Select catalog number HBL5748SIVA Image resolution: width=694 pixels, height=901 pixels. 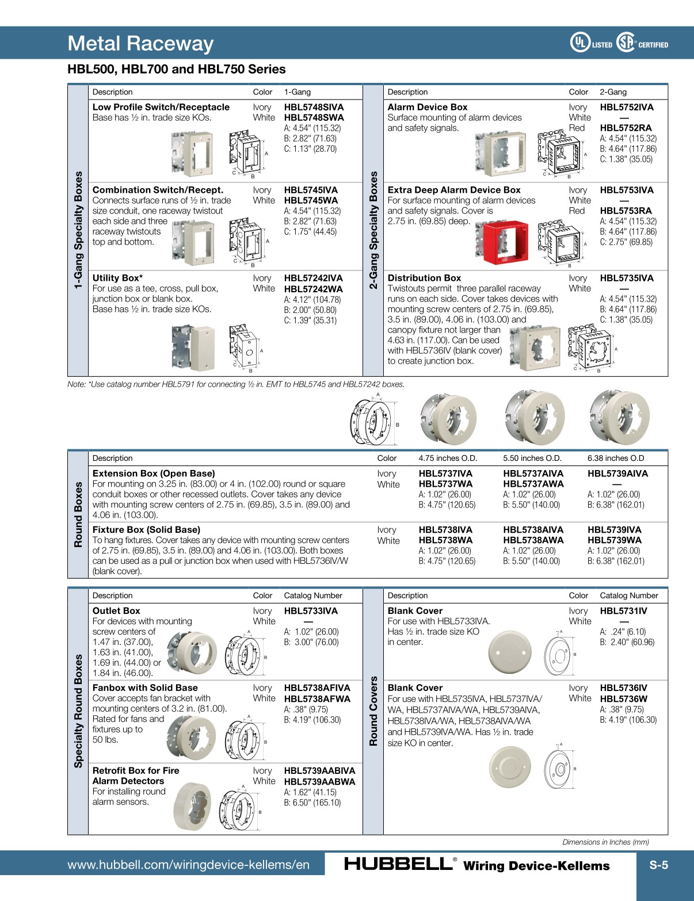pyautogui.click(x=314, y=107)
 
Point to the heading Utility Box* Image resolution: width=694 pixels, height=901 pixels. pyautogui.click(x=117, y=278)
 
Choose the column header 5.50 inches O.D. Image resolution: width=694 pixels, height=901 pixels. pyautogui.click(x=532, y=458)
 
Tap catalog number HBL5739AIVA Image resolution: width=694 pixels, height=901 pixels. pyautogui.click(x=617, y=474)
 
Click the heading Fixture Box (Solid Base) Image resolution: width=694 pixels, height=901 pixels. pyautogui.click(x=146, y=529)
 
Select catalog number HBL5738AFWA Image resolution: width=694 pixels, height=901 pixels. pyautogui.click(x=317, y=698)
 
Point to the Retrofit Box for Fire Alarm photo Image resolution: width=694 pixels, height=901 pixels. pyautogui.click(x=193, y=807)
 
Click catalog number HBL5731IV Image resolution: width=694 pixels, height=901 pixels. pyautogui.click(x=623, y=611)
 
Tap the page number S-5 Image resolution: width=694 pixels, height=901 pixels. pyautogui.click(x=658, y=865)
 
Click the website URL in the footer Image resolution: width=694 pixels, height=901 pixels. pyautogui.click(x=188, y=865)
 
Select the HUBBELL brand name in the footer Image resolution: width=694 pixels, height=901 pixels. pyautogui.click(x=398, y=864)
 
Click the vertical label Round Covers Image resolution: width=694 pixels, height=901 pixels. pyautogui.click(x=373, y=711)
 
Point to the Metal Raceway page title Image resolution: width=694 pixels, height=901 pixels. pyautogui.click(x=140, y=43)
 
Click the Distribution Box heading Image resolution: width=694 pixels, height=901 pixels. pyautogui.click(x=424, y=278)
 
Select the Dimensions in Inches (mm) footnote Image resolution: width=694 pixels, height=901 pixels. pyautogui.click(x=605, y=842)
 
